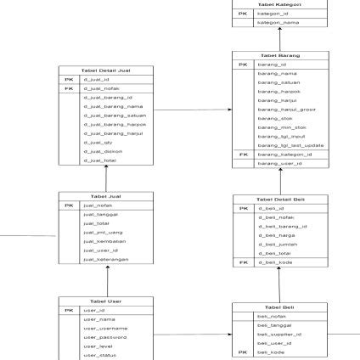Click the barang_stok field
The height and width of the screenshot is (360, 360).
[270, 118]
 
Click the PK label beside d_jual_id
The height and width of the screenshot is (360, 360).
[69, 79]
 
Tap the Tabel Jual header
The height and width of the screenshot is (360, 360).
[106, 196]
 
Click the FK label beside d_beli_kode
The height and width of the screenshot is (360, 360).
[243, 262]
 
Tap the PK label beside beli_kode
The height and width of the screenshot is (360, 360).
[243, 352]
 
